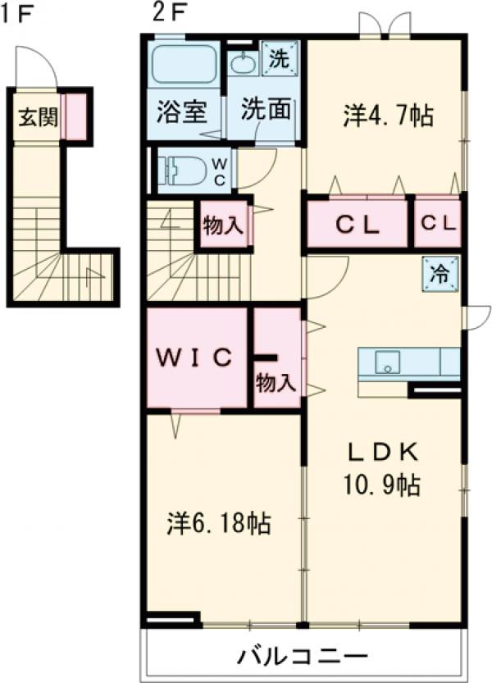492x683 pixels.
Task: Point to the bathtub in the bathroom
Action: click(184, 64)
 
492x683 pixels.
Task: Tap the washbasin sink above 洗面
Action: click(243, 63)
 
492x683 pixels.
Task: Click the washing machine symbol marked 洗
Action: click(280, 59)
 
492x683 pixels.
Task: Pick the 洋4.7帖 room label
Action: click(387, 117)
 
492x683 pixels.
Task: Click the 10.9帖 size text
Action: click(381, 485)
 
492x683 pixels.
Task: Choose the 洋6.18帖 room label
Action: click(220, 521)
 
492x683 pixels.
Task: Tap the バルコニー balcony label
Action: click(303, 657)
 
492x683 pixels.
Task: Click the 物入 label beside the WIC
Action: click(276, 382)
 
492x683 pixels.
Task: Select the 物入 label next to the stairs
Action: click(223, 226)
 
